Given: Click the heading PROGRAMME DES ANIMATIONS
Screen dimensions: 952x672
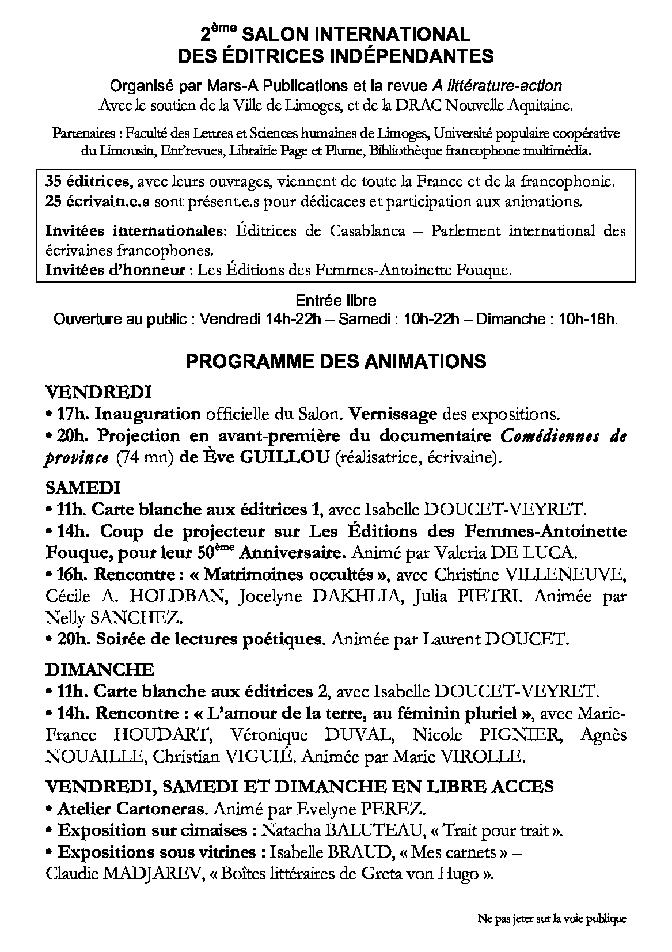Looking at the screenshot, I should pyautogui.click(x=336, y=361).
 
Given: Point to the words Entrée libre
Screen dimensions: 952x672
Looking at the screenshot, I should pyautogui.click(x=336, y=300).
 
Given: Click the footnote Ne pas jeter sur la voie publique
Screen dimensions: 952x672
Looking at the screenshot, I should pyautogui.click(x=552, y=919).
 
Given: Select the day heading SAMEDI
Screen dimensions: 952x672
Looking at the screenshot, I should pyautogui.click(x=83, y=488).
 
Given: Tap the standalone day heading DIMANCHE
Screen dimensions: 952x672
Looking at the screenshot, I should pyautogui.click(x=100, y=670).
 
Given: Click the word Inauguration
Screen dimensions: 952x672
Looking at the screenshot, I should pyautogui.click(x=147, y=414).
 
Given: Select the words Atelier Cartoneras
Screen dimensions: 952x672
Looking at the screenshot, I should pyautogui.click(x=131, y=809).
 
